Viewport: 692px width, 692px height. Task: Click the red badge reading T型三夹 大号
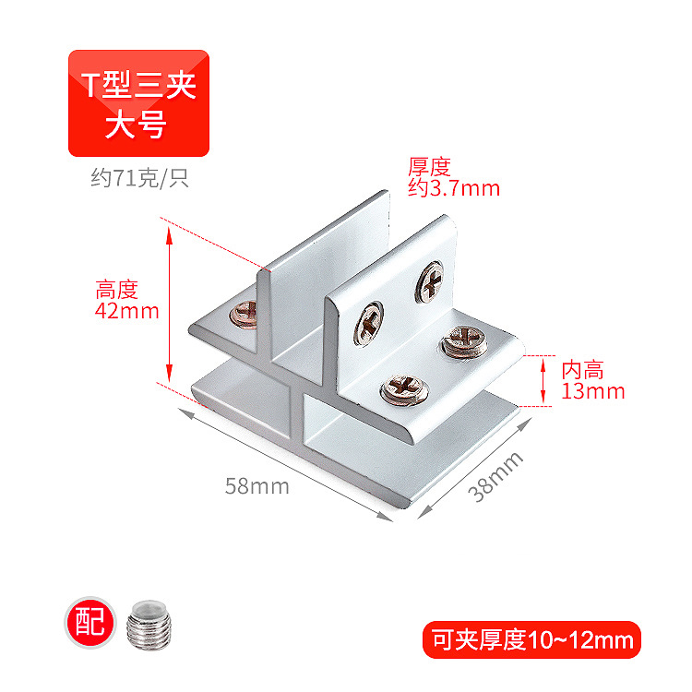tap(138, 102)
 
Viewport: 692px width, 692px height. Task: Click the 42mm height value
tap(127, 311)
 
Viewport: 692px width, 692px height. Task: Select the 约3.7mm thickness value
tap(454, 188)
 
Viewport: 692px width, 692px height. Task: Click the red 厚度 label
tap(429, 167)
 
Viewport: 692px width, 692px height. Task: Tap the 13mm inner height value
tap(593, 391)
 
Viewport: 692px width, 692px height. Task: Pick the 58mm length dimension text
tap(257, 486)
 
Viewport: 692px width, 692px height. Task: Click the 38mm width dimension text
tap(495, 475)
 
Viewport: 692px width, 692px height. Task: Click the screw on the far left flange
tap(245, 316)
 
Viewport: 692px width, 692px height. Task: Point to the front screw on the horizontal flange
tap(401, 388)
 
